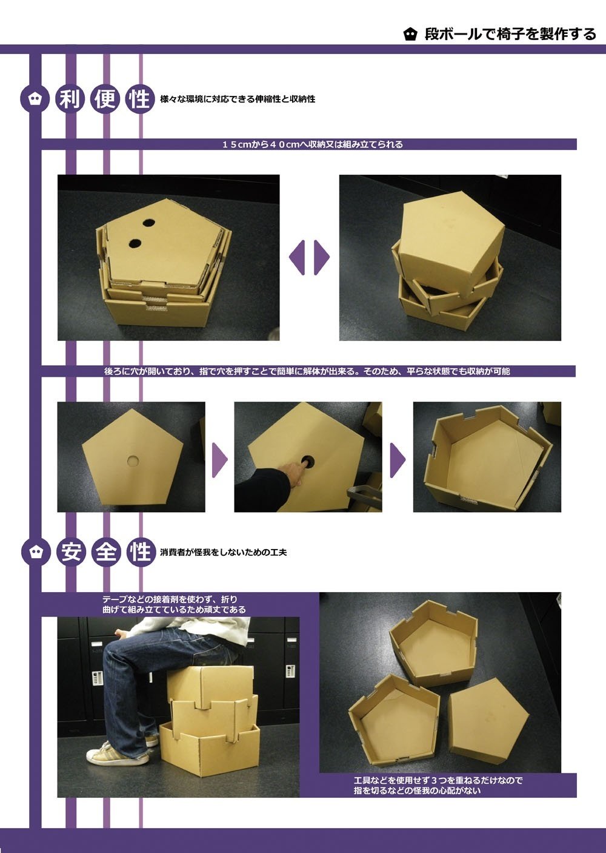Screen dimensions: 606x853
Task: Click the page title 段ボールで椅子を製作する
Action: pyautogui.click(x=510, y=34)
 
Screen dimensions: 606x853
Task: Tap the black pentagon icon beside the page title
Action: pyautogui.click(x=410, y=35)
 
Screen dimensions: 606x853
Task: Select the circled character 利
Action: pyautogui.click(x=70, y=99)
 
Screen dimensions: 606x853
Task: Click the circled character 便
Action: pyautogui.click(x=105, y=99)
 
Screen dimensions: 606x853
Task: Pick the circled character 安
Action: pyautogui.click(x=70, y=552)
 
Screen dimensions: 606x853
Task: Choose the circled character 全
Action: pyautogui.click(x=105, y=552)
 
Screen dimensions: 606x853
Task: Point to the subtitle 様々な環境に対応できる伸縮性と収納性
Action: pyautogui.click(x=238, y=99)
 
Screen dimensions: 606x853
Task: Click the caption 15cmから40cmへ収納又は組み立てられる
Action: pyautogui.click(x=312, y=144)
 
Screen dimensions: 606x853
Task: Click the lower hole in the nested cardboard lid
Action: pyautogui.click(x=135, y=243)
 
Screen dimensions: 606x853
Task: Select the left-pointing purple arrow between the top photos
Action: pyautogui.click(x=297, y=257)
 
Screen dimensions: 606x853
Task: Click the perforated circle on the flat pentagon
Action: pyautogui.click(x=133, y=461)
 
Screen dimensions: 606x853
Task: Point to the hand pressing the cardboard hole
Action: pyautogui.click(x=293, y=471)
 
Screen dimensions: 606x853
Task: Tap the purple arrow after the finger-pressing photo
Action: pyautogui.click(x=398, y=460)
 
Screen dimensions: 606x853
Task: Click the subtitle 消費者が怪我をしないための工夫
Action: pyautogui.click(x=224, y=552)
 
